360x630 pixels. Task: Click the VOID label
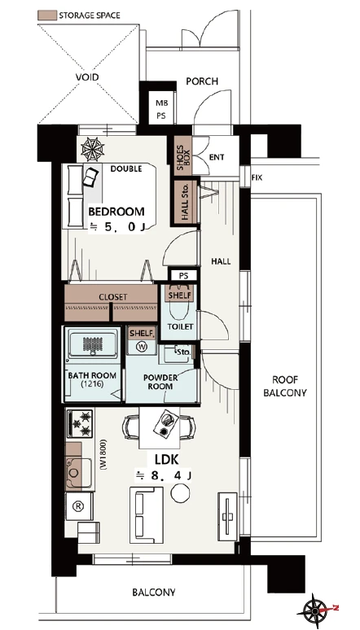coord(87,77)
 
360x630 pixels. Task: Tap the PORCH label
coord(202,81)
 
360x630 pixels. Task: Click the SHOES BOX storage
coord(183,155)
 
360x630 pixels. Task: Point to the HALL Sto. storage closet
coord(186,201)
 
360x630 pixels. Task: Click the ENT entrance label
coord(217,157)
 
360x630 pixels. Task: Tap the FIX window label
coord(257,177)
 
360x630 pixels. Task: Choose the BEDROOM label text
coord(116,212)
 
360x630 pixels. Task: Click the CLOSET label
coord(113,297)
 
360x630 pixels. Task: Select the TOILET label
coord(181,326)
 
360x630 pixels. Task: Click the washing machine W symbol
coord(142,346)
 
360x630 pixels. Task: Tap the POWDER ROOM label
coord(160,382)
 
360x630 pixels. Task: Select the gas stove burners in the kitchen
coord(81,423)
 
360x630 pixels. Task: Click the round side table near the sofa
coord(180,492)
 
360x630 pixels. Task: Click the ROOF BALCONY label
coord(285,386)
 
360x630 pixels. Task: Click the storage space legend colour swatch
coord(46,15)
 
